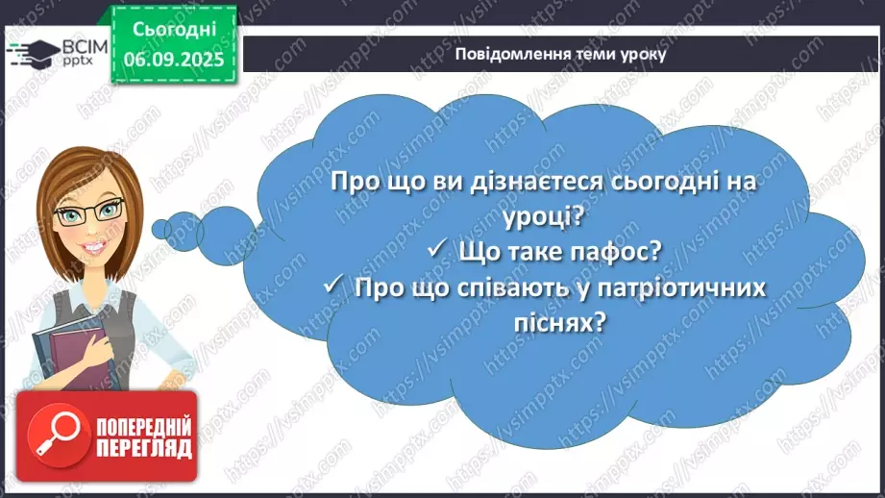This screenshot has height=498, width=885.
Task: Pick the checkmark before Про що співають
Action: tap(334, 286)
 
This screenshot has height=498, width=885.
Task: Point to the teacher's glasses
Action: tap(89, 212)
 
